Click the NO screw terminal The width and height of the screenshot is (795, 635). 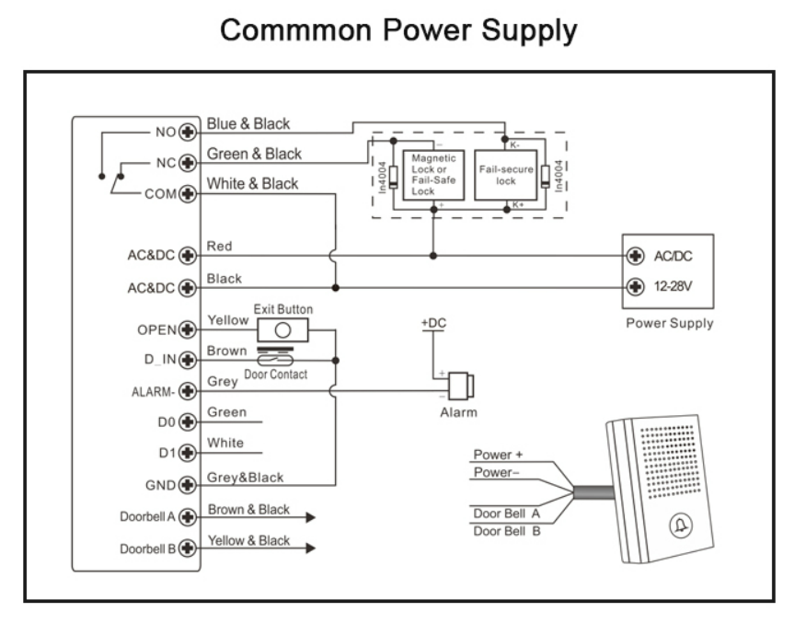pos(189,133)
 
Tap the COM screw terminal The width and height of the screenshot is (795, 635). pos(189,193)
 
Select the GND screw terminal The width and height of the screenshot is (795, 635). pos(189,484)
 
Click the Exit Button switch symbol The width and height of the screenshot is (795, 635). pos(283,329)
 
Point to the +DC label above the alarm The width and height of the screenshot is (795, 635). pos(433,324)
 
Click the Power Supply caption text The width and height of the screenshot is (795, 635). pos(668,324)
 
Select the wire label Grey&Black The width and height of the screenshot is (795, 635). pos(246,477)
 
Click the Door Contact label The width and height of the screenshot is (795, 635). pos(275,374)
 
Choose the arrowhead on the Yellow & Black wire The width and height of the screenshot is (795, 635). pos(310,548)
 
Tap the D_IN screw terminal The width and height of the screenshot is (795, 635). pos(189,360)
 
